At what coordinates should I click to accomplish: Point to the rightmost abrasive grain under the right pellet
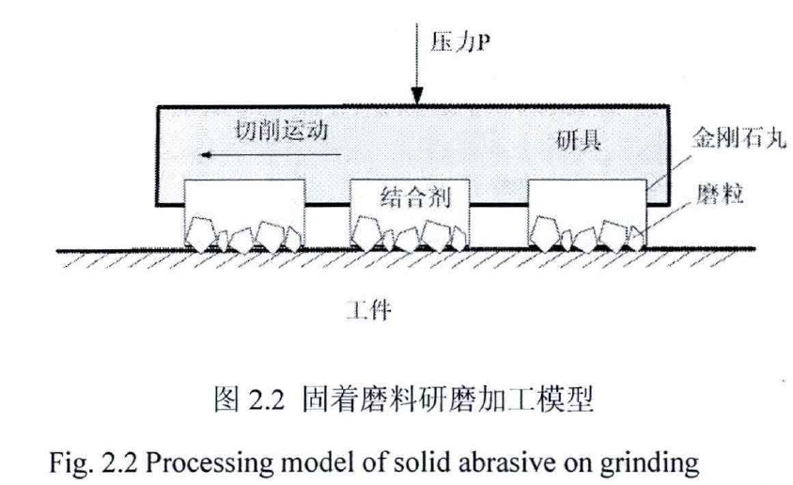coord(636,235)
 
